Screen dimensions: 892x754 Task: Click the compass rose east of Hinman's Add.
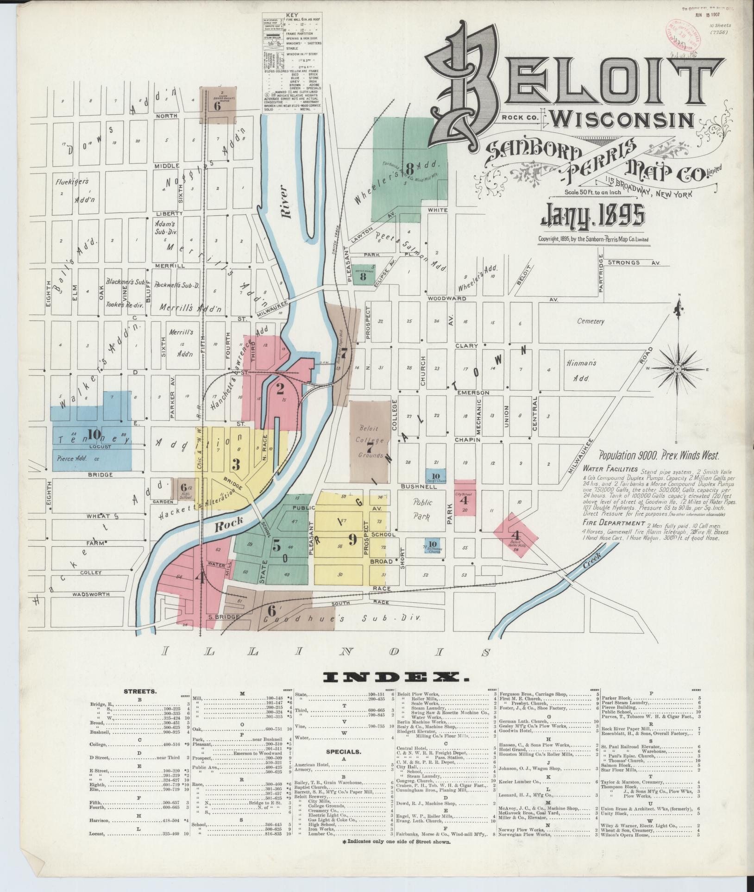point(677,369)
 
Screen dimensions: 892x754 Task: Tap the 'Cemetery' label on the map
point(591,321)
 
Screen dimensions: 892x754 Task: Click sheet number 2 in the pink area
point(280,389)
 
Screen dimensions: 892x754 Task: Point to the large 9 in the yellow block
point(352,539)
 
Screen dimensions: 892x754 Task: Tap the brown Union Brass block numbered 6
point(218,105)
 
